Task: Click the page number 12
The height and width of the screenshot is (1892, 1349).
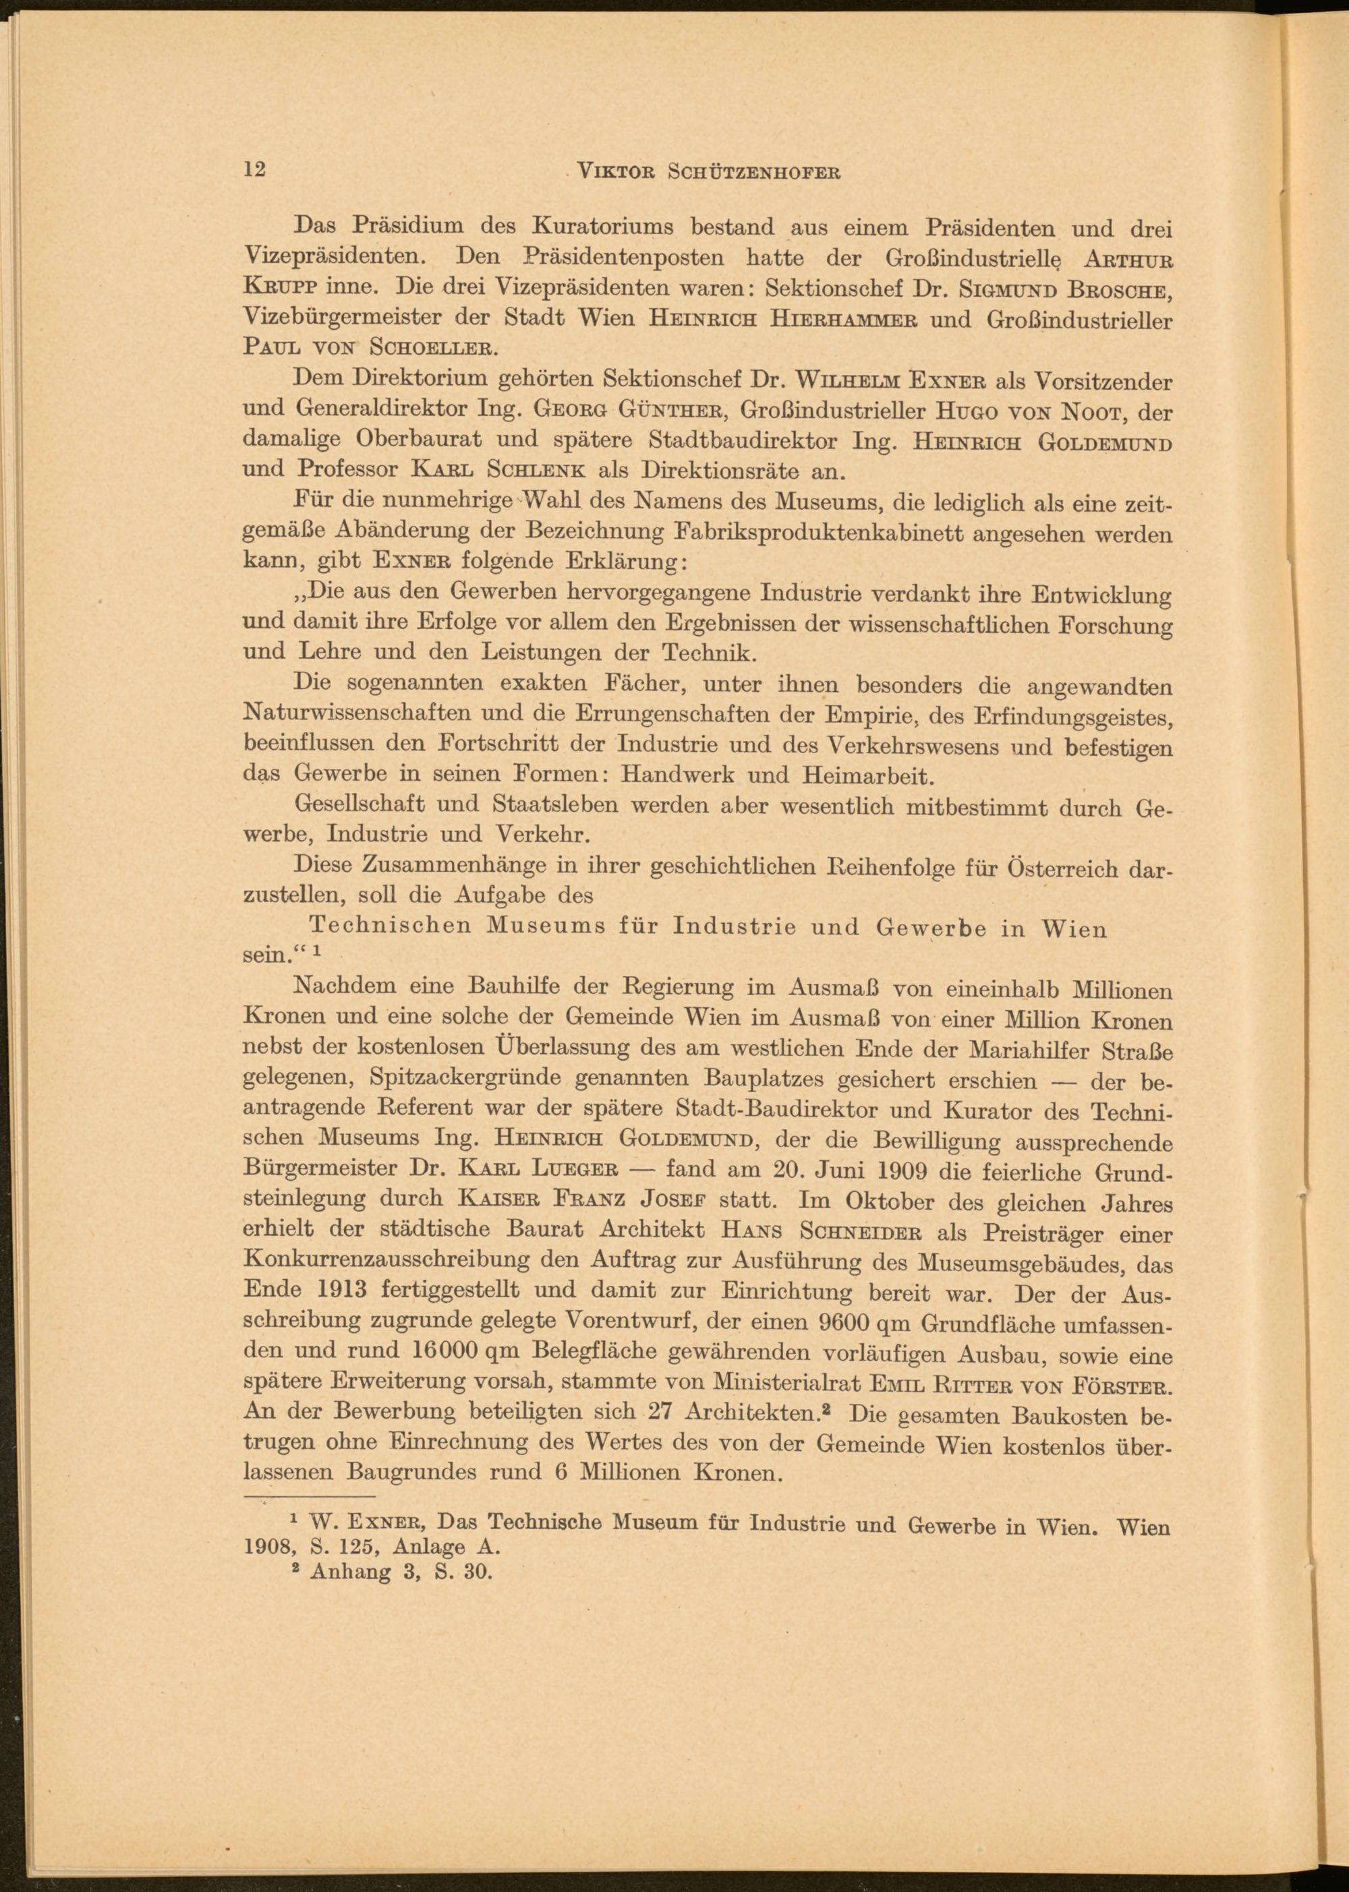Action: coord(254,169)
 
